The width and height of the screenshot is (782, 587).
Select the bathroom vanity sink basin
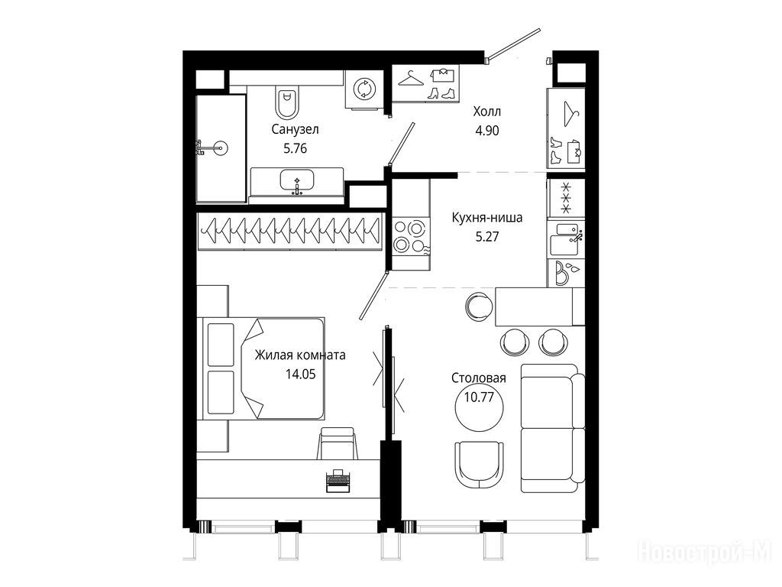[297, 180]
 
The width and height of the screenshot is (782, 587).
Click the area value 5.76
[295, 148]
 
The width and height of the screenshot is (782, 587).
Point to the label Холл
[486, 111]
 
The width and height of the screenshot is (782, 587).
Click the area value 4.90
[486, 131]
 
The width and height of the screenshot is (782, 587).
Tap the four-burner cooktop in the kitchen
[410, 237]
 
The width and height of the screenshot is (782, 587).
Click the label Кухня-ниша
[486, 218]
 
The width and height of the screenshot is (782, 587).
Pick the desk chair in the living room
[338, 443]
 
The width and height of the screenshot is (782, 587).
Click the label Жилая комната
[300, 355]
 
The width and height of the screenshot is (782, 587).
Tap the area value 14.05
[300, 374]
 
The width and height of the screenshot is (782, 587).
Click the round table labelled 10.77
[479, 407]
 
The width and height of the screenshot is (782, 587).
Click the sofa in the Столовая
[553, 428]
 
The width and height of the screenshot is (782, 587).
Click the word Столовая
[478, 378]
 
